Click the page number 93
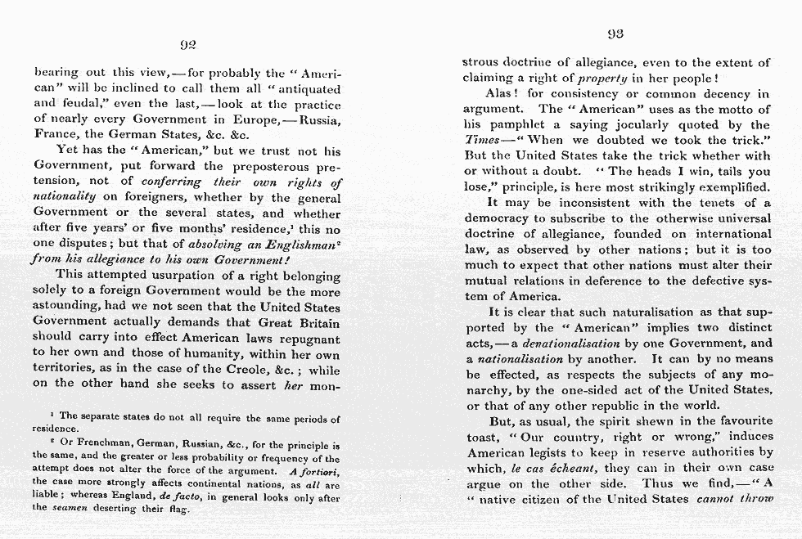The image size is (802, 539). coord(616,34)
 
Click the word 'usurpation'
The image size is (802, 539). coord(194,275)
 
